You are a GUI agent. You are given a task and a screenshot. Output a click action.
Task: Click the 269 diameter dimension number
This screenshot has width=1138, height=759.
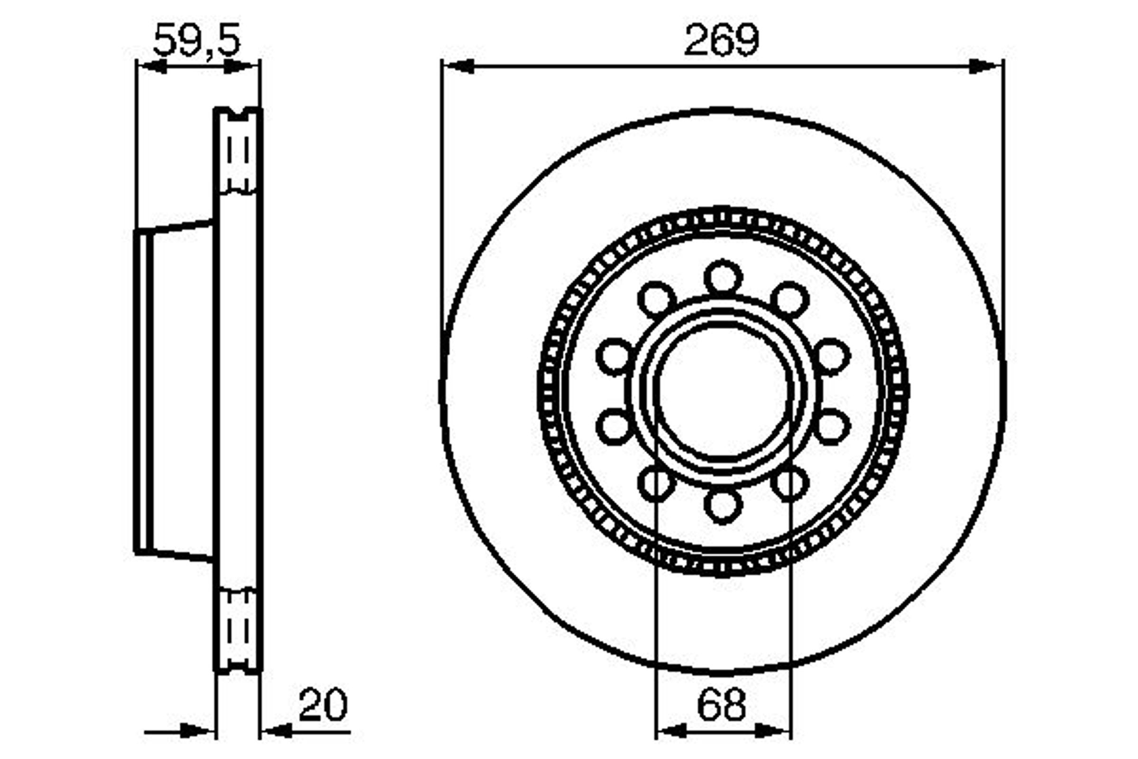[x=721, y=39]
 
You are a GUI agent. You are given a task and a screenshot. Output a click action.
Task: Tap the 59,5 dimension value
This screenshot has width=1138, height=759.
[x=196, y=40]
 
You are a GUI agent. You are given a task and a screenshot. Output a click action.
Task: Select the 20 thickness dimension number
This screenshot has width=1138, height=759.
[x=323, y=704]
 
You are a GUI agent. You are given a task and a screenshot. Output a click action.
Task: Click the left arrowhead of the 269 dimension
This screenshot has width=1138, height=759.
[x=458, y=67]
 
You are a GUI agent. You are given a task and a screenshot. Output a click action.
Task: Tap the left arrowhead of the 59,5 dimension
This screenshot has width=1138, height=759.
[x=152, y=67]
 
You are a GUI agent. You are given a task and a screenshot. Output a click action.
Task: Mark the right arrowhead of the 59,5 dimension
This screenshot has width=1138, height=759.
[x=239, y=67]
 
